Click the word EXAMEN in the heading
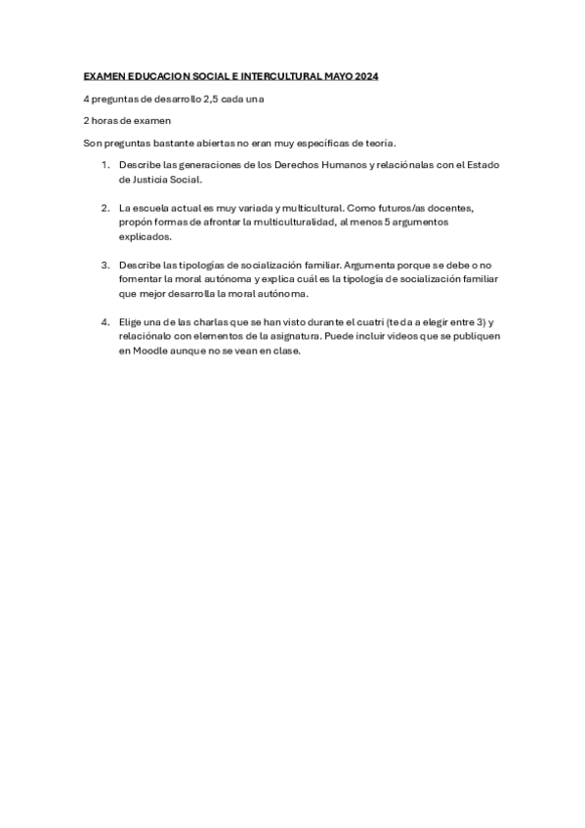pyautogui.click(x=102, y=76)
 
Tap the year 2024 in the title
pyautogui.click(x=365, y=76)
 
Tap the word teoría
pyautogui.click(x=378, y=144)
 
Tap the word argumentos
pyautogui.click(x=412, y=223)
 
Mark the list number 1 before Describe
pyautogui.click(x=105, y=165)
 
